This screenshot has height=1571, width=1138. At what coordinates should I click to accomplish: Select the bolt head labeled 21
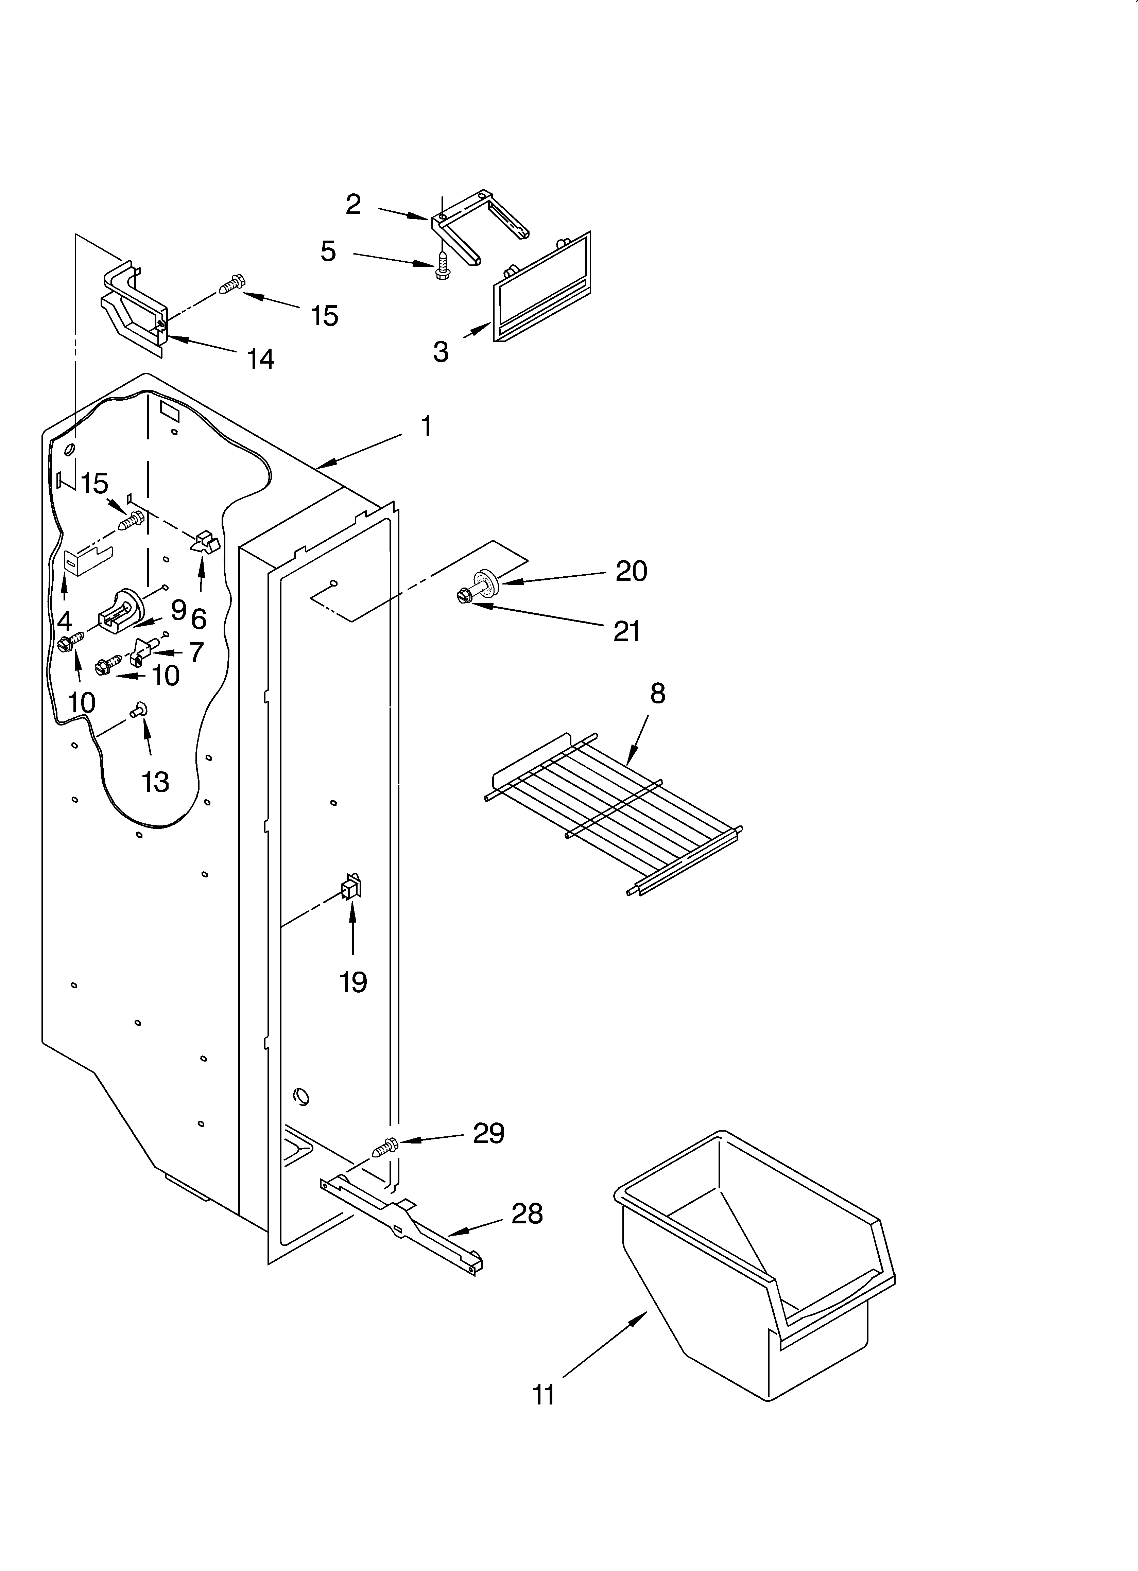tap(464, 594)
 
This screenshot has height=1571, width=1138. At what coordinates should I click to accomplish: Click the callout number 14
tap(261, 359)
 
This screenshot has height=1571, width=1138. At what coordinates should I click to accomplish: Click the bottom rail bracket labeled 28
tap(402, 1223)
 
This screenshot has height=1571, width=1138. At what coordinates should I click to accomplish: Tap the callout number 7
tap(196, 652)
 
